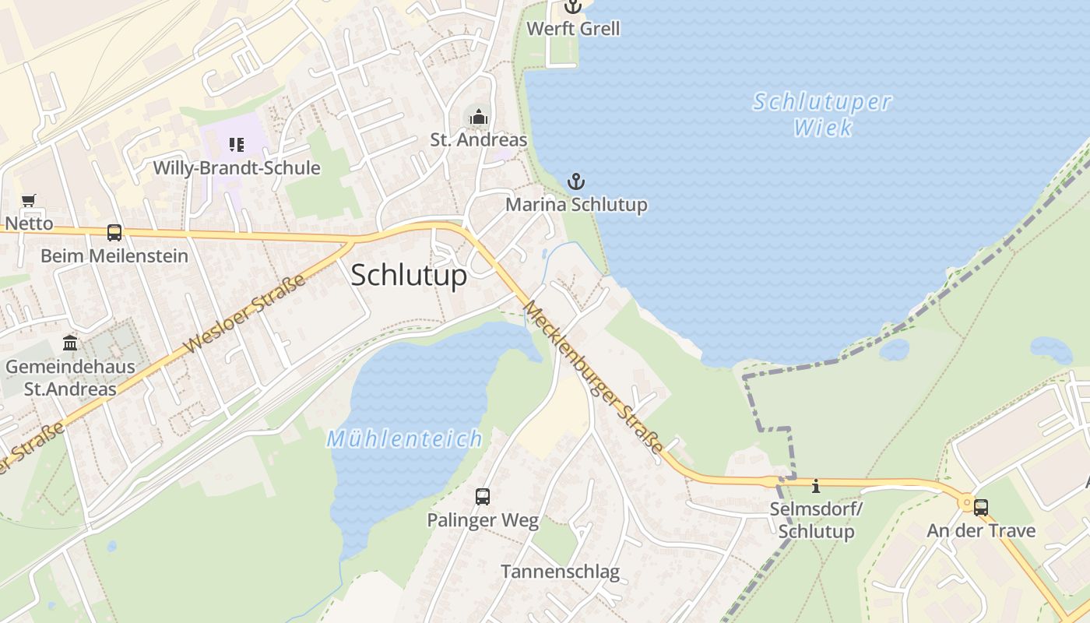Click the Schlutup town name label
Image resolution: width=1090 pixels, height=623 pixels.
click(x=409, y=275)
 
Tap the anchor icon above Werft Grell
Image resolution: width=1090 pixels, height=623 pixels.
click(x=573, y=7)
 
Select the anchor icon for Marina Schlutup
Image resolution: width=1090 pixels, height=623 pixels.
click(x=575, y=182)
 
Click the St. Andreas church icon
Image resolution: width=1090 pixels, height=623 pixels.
click(x=478, y=118)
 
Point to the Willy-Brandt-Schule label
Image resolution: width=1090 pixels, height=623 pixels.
click(x=237, y=167)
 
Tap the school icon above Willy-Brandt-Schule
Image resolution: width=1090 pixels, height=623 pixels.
click(x=237, y=144)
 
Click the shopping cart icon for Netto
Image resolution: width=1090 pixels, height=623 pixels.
click(x=29, y=201)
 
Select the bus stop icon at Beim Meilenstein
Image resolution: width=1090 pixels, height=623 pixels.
click(x=114, y=232)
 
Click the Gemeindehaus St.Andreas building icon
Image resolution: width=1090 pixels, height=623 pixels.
click(x=70, y=343)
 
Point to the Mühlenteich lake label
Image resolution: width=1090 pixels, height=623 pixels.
click(x=405, y=438)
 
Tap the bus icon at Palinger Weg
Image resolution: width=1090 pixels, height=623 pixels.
click(x=483, y=496)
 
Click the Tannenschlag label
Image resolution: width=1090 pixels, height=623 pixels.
click(x=560, y=572)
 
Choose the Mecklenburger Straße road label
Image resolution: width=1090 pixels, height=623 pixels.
click(x=593, y=377)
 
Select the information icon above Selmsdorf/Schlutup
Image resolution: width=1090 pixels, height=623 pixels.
click(x=816, y=486)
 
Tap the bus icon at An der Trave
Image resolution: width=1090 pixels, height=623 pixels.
click(x=981, y=508)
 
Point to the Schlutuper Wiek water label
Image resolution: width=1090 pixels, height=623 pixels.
click(x=822, y=114)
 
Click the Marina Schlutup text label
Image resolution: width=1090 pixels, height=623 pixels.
click(x=576, y=205)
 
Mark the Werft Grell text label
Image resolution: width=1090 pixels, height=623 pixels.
click(x=573, y=29)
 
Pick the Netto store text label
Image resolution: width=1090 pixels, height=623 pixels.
click(x=29, y=224)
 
